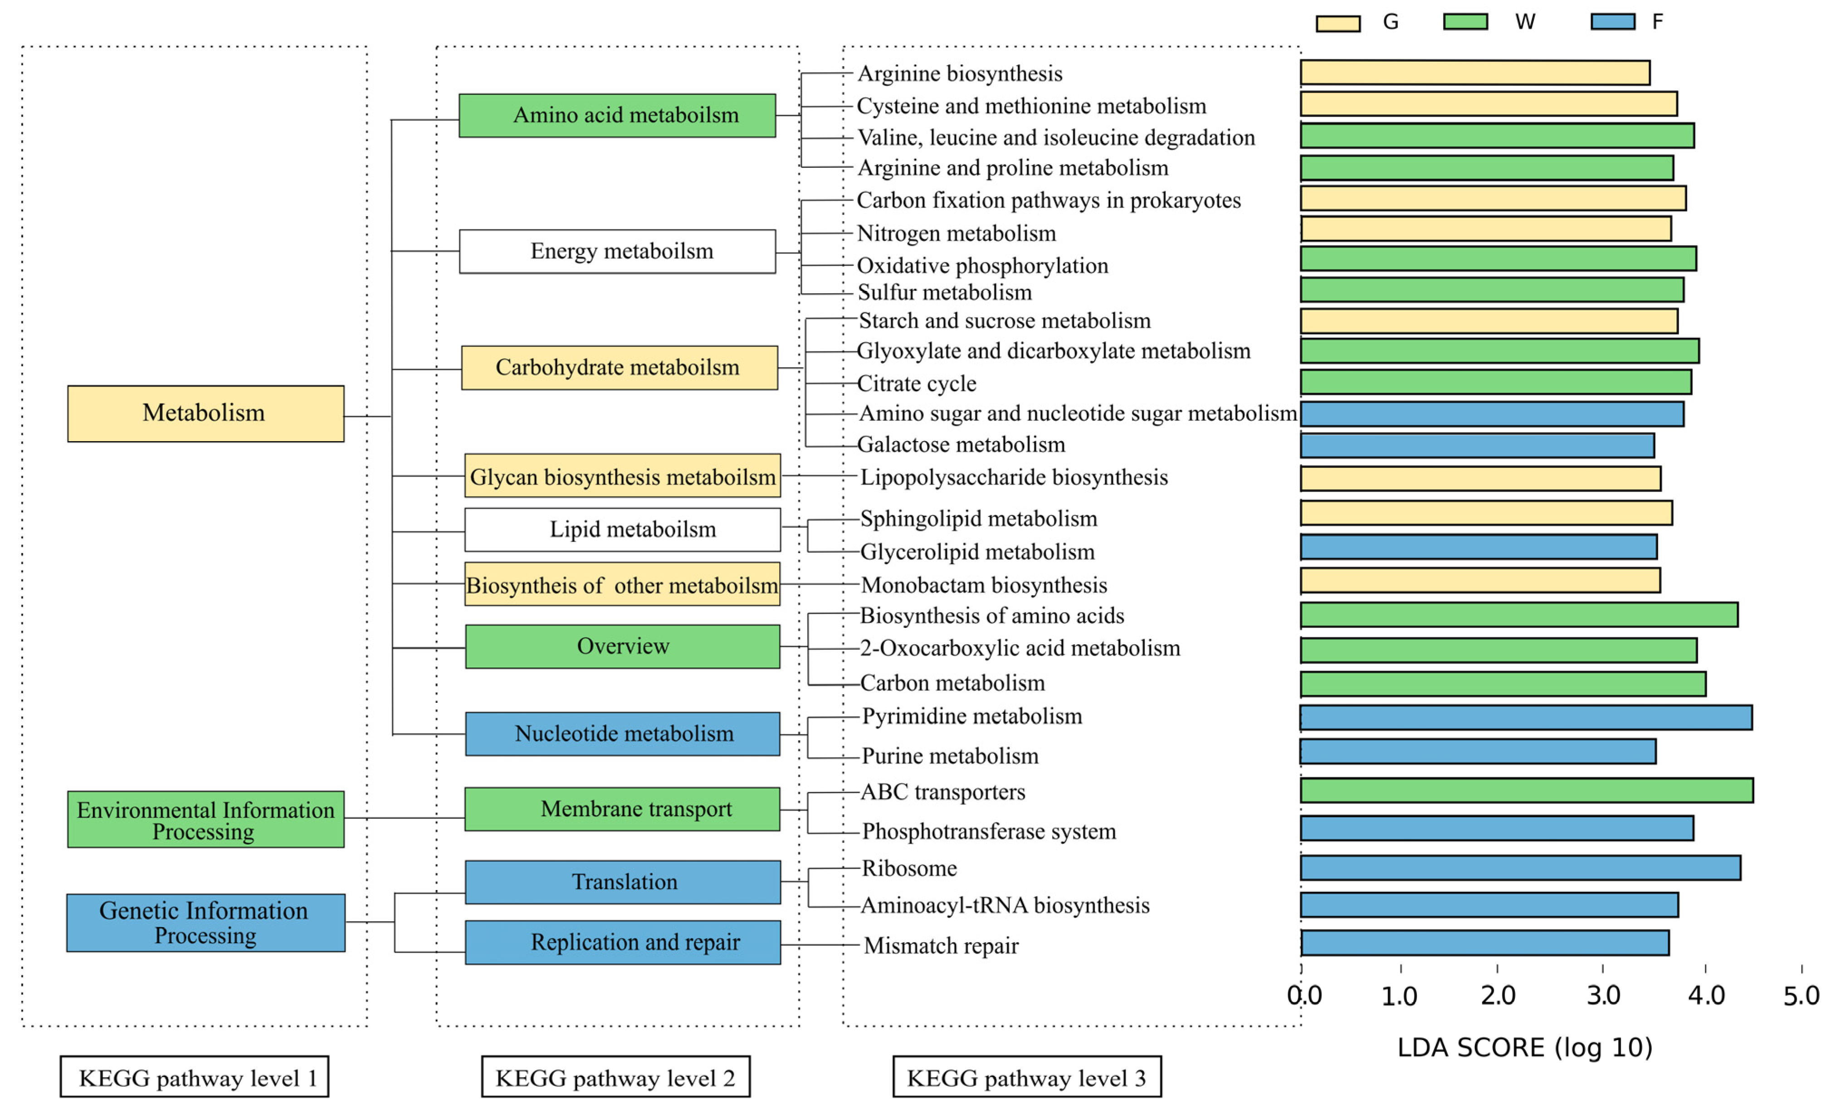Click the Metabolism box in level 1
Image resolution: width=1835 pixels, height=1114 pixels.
[x=205, y=413]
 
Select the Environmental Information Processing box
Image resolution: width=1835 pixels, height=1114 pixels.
[x=205, y=819]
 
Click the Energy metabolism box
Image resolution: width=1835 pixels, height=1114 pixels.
[x=617, y=252]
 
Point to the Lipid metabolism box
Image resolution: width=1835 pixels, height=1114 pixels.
[x=623, y=530]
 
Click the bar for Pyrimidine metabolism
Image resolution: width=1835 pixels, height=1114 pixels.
[x=1526, y=717]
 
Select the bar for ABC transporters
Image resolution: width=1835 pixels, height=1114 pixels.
[x=1527, y=790]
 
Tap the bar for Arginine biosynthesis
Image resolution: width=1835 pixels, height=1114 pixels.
[x=1474, y=73]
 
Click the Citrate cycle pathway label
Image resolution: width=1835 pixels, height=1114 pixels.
[x=916, y=384]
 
